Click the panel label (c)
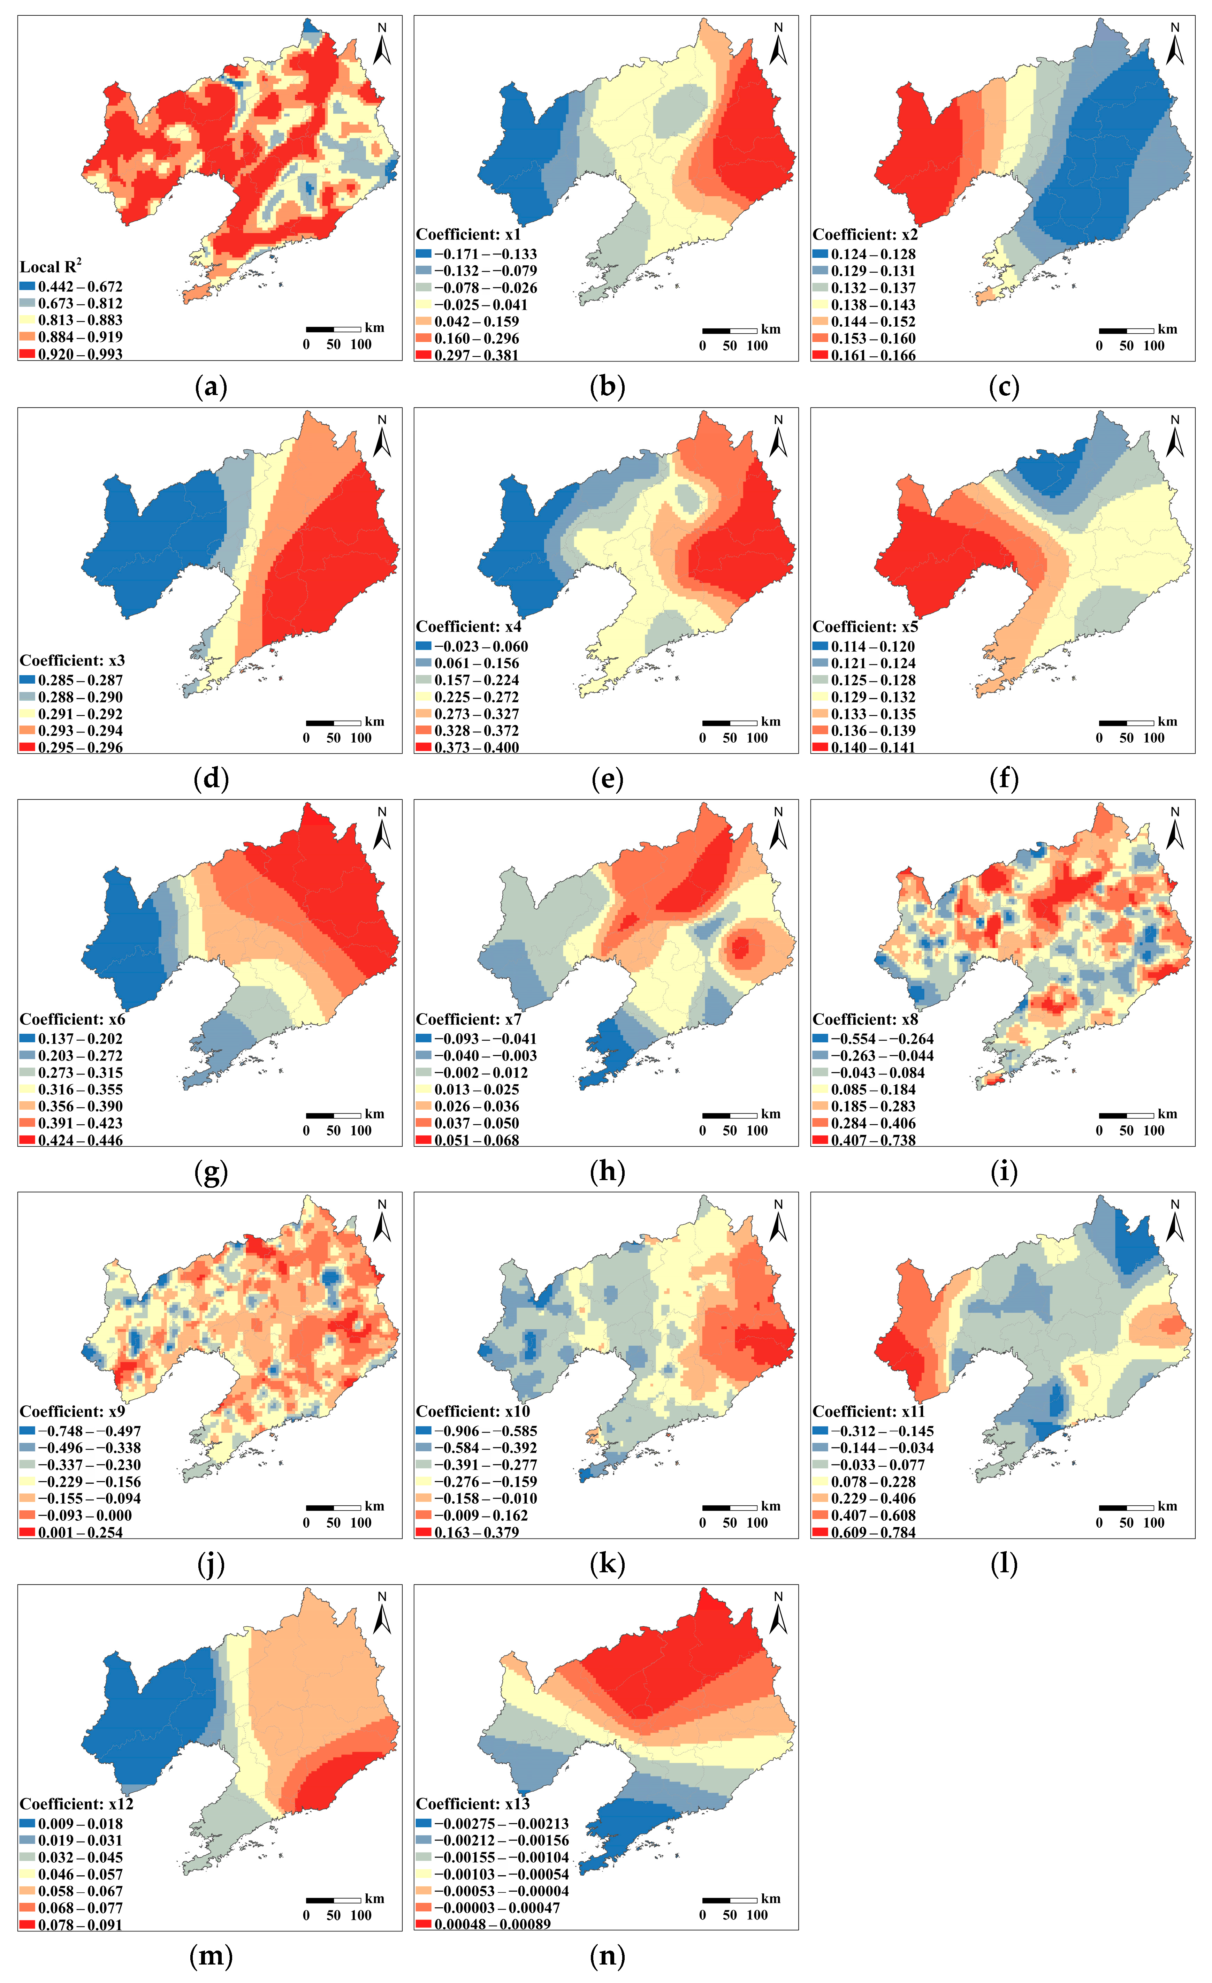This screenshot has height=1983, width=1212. pyautogui.click(x=1004, y=387)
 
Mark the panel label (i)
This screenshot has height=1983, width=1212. pyautogui.click(x=1004, y=1172)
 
